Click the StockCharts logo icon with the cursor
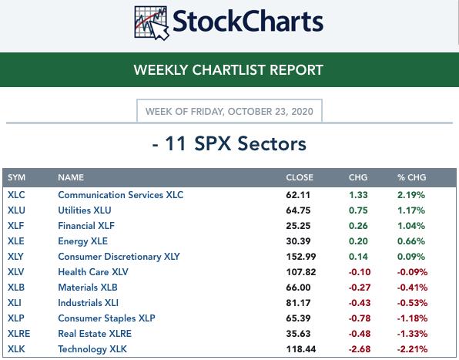coord(152,23)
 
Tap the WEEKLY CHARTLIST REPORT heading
coord(228,70)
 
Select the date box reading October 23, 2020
coord(229,111)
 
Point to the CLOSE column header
coord(300,177)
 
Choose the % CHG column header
coord(411,177)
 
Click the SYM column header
coord(16,177)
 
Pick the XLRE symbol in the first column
coord(18,334)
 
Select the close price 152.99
coord(301,257)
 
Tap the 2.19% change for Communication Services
coord(411,195)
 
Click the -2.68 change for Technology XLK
coord(360,349)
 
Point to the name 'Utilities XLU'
coord(85,210)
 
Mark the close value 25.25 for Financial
coord(298,226)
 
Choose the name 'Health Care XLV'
coord(93,272)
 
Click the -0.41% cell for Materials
coord(412,288)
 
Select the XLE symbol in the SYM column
coord(16,241)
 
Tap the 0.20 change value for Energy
coord(358,241)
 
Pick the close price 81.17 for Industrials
coord(298,303)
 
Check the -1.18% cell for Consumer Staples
coord(412,318)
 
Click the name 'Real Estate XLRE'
coord(95,334)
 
